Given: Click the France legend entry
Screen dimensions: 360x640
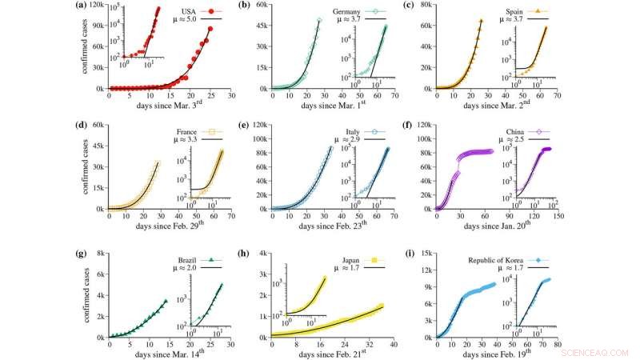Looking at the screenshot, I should click(x=186, y=132).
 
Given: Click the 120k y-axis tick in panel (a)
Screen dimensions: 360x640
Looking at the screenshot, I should click(x=97, y=5).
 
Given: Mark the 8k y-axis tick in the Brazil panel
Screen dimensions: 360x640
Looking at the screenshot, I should click(x=100, y=253).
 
